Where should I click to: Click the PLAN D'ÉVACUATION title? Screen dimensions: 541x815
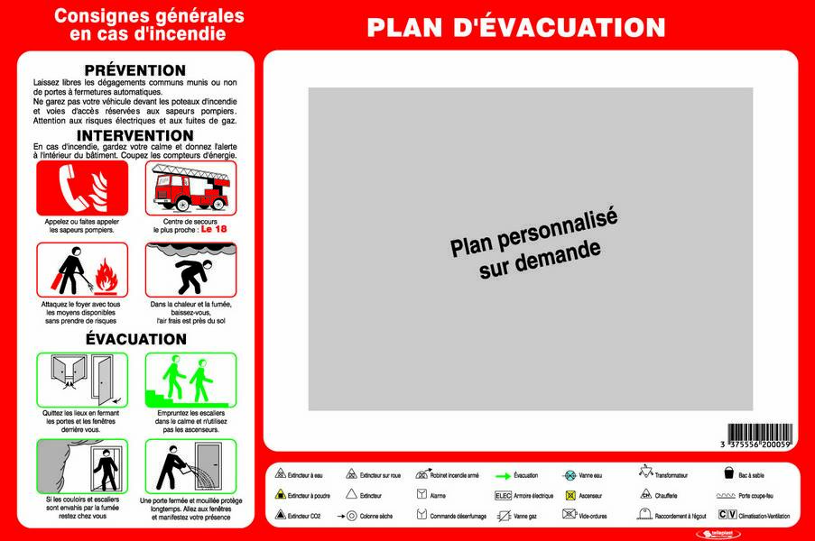tap(515, 27)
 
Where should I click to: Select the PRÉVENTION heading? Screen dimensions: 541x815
tap(134, 70)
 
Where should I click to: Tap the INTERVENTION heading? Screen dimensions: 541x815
tap(134, 135)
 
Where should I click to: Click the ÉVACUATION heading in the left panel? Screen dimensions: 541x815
tap(135, 339)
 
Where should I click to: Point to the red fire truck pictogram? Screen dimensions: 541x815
tap(190, 188)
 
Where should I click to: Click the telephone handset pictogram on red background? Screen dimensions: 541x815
tap(81, 188)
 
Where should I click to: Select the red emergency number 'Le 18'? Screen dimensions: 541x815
tap(213, 229)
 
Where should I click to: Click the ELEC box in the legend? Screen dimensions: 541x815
tap(503, 495)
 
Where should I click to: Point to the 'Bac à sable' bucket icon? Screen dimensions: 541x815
tap(728, 472)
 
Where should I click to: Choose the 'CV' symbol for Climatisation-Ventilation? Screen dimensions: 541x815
tap(727, 515)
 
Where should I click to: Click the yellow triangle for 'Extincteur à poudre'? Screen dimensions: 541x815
tap(280, 495)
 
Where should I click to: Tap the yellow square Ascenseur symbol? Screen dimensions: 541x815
tap(570, 495)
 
